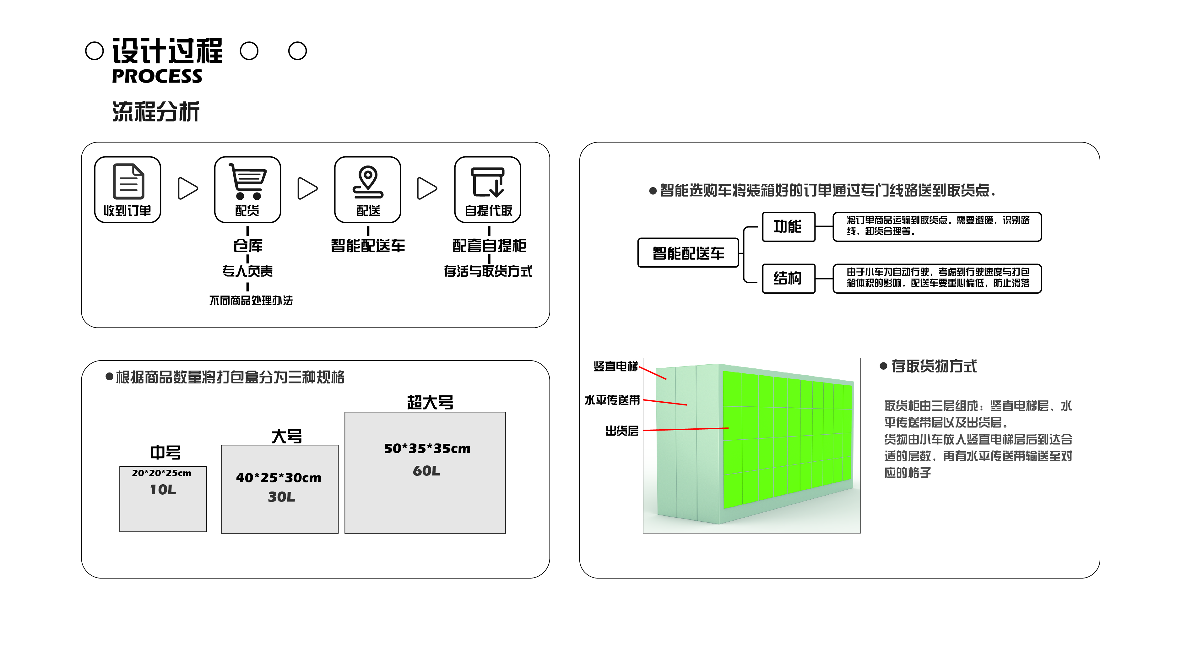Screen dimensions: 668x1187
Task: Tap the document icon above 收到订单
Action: (x=128, y=181)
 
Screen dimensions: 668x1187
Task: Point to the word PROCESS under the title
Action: (x=157, y=76)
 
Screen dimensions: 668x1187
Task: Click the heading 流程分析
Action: (x=156, y=111)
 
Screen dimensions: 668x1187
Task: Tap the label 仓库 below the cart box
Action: (x=248, y=246)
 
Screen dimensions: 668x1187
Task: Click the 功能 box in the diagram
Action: (x=788, y=227)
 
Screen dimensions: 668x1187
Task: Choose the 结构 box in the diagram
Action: (x=788, y=278)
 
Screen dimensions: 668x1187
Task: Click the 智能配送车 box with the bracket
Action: (x=688, y=253)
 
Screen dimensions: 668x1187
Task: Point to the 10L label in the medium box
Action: (x=163, y=490)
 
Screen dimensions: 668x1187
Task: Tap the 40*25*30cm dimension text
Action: (x=279, y=478)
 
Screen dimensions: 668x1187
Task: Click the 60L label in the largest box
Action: (x=426, y=471)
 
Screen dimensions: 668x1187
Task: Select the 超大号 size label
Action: (x=430, y=402)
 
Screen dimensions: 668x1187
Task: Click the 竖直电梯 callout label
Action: (x=615, y=366)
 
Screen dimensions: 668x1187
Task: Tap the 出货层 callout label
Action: (x=622, y=431)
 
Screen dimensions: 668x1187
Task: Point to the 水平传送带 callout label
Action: (x=612, y=400)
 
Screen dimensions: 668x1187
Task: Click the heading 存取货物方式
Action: (x=934, y=366)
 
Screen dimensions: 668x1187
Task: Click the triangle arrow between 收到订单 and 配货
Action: (x=187, y=188)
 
